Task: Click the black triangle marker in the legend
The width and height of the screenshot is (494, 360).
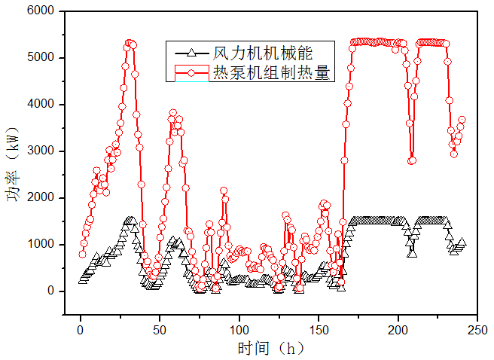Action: pyautogui.click(x=191, y=53)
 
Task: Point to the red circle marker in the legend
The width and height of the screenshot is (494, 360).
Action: pyautogui.click(x=191, y=72)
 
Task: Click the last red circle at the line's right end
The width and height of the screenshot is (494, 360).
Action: pyautogui.click(x=462, y=120)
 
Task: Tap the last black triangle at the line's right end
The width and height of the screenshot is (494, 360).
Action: pyautogui.click(x=462, y=242)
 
